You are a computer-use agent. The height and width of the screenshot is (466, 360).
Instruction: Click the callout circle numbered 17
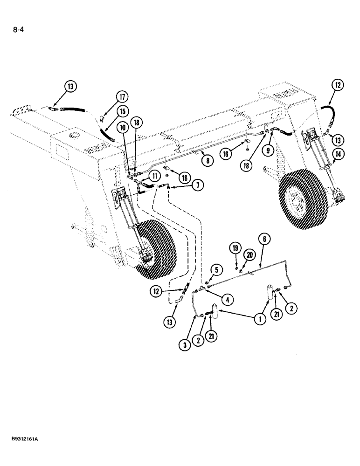click(x=122, y=98)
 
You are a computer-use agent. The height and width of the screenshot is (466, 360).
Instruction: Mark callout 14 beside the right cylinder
click(x=338, y=153)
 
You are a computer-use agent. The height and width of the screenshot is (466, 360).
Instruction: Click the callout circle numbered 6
click(x=264, y=239)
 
